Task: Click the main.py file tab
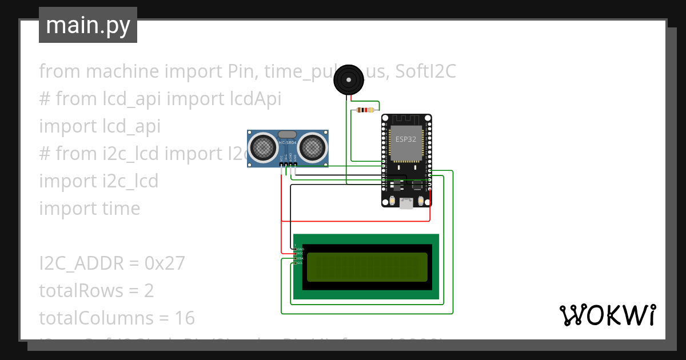click(x=88, y=25)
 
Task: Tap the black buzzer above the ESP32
click(x=348, y=80)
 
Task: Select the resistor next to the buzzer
click(x=365, y=110)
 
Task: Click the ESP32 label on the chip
click(x=406, y=139)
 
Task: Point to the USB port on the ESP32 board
click(x=406, y=203)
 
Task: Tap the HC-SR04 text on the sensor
click(x=287, y=143)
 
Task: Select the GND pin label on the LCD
click(x=300, y=249)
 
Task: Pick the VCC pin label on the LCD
click(x=300, y=254)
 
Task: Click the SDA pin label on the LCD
click(x=300, y=258)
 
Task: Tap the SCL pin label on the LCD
click(x=300, y=263)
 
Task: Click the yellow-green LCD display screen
click(x=367, y=267)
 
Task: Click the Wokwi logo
click(x=607, y=315)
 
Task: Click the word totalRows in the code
click(x=81, y=291)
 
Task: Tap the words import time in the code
click(x=89, y=209)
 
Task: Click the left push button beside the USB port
click(x=392, y=201)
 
